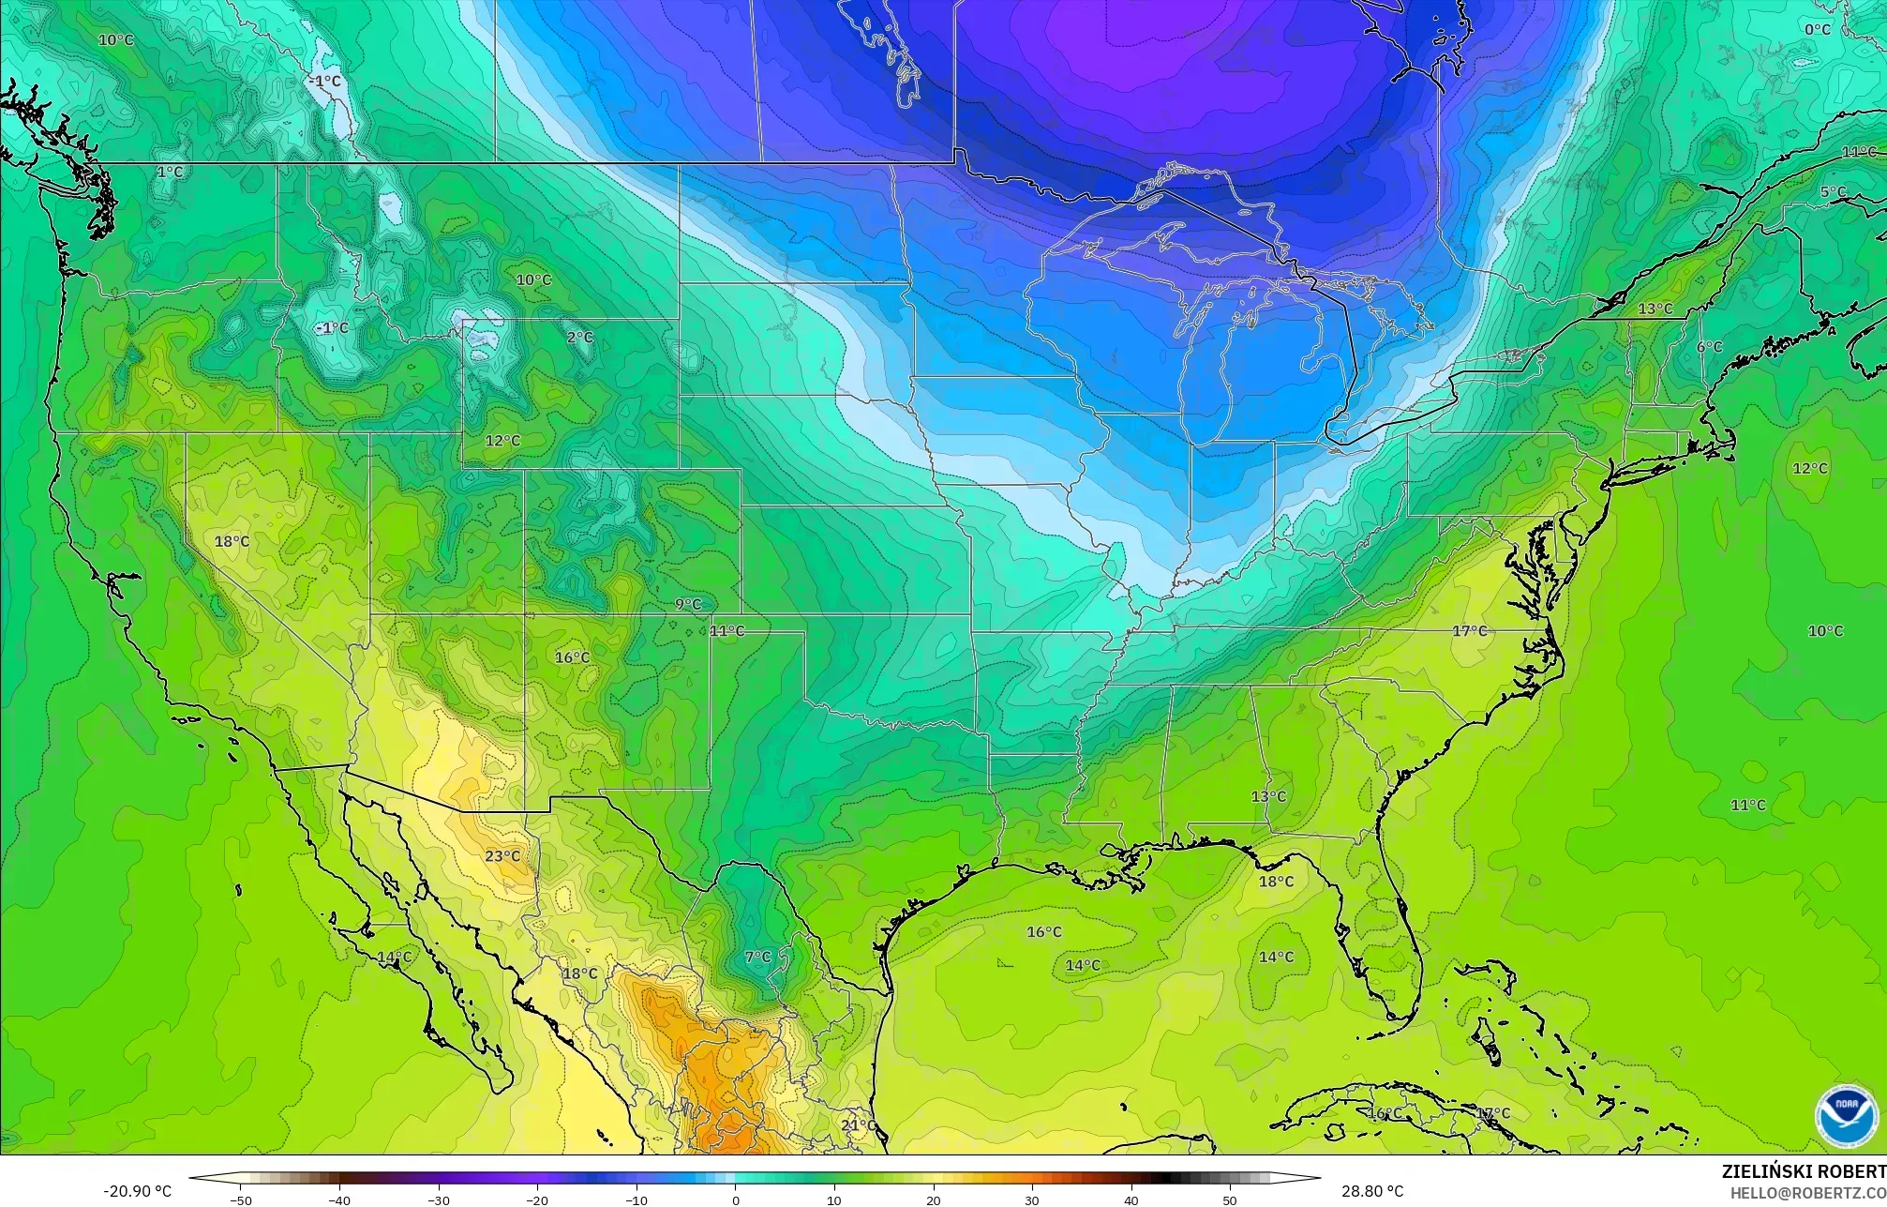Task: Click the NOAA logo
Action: [1846, 1116]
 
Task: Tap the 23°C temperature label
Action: [502, 856]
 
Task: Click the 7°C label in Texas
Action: [757, 958]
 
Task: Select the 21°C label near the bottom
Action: [858, 1125]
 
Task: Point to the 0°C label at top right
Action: [1818, 30]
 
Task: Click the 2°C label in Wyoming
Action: [579, 338]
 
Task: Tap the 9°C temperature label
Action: [687, 605]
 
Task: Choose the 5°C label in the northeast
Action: [1833, 193]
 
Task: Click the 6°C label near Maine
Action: [1709, 347]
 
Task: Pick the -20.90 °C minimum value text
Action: [137, 1191]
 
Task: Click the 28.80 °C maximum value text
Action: [1372, 1191]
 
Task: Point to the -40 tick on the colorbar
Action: [339, 1200]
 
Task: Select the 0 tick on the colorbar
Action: [735, 1200]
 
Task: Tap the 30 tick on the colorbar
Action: [1032, 1200]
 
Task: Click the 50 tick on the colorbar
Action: [1230, 1200]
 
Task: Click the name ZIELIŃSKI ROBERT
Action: [1804, 1171]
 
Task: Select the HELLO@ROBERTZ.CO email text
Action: [1807, 1193]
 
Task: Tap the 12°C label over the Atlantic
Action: [1809, 469]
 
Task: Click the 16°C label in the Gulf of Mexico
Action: [1043, 932]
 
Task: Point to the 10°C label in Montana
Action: [533, 280]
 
